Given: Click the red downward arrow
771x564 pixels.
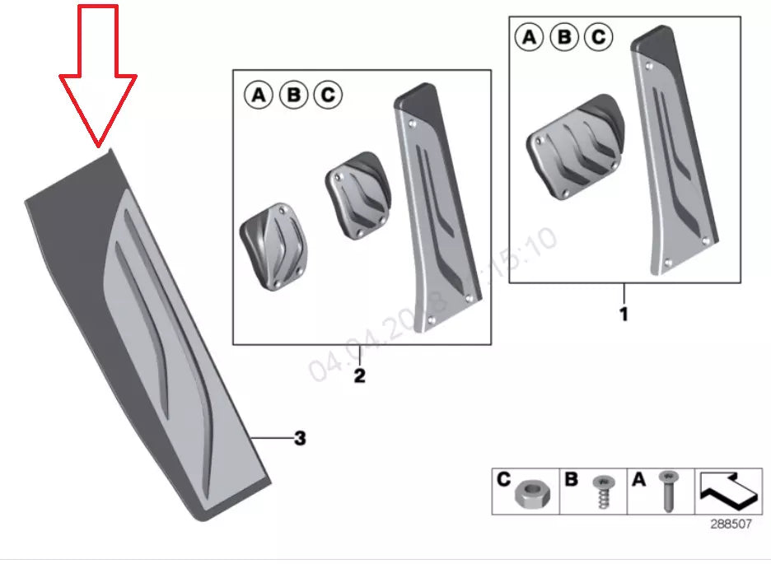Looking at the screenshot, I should [98, 74].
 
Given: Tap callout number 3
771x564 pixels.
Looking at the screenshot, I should [300, 439].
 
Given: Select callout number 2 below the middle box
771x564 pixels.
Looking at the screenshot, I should [359, 376].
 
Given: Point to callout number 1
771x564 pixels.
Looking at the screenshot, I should [624, 314].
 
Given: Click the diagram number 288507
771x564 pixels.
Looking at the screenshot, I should [731, 523].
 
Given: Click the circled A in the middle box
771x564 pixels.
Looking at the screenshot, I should [259, 96].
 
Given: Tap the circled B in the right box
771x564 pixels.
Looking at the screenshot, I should [564, 37].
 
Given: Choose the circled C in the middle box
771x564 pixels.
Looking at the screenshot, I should [327, 96].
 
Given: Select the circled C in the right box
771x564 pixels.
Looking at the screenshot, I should [598, 37].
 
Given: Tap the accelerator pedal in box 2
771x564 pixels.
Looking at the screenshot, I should [435, 206].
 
